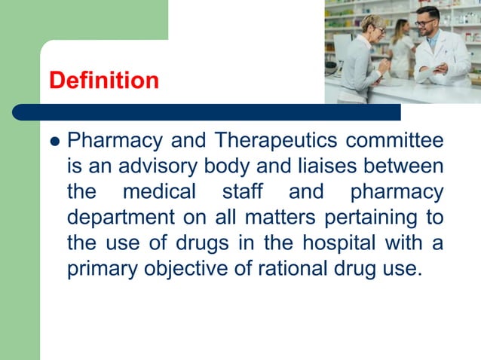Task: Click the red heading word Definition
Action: click(x=103, y=80)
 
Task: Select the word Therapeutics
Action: click(x=275, y=141)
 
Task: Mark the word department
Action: click(x=115, y=218)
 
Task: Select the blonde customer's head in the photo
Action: click(x=372, y=26)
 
